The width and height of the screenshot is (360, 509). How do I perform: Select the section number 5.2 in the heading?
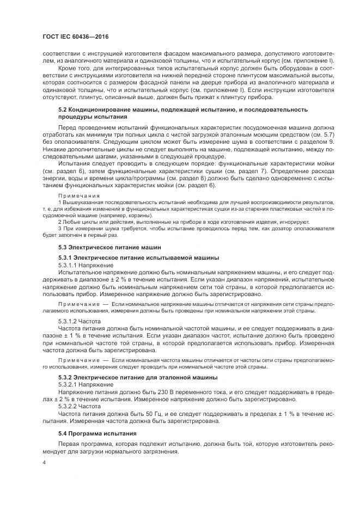[62, 109]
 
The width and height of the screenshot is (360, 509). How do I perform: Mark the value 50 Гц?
[142, 413]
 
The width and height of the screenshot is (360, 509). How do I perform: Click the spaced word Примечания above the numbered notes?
[78, 210]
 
